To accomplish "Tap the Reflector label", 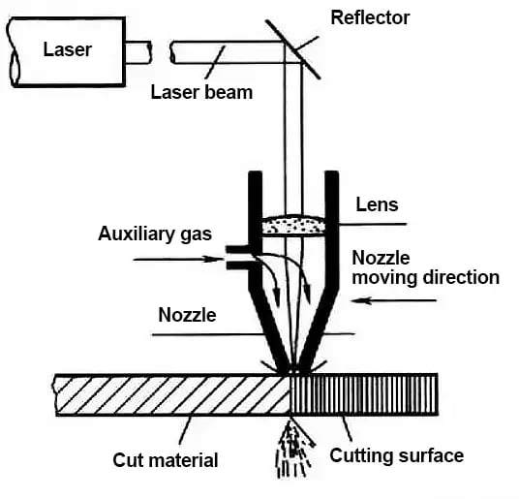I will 369,16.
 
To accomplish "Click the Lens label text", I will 378,204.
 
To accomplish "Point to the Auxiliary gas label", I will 156,234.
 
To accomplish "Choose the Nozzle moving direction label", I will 424,268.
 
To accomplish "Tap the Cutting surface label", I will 396,454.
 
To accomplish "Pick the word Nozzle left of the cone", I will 187,315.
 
